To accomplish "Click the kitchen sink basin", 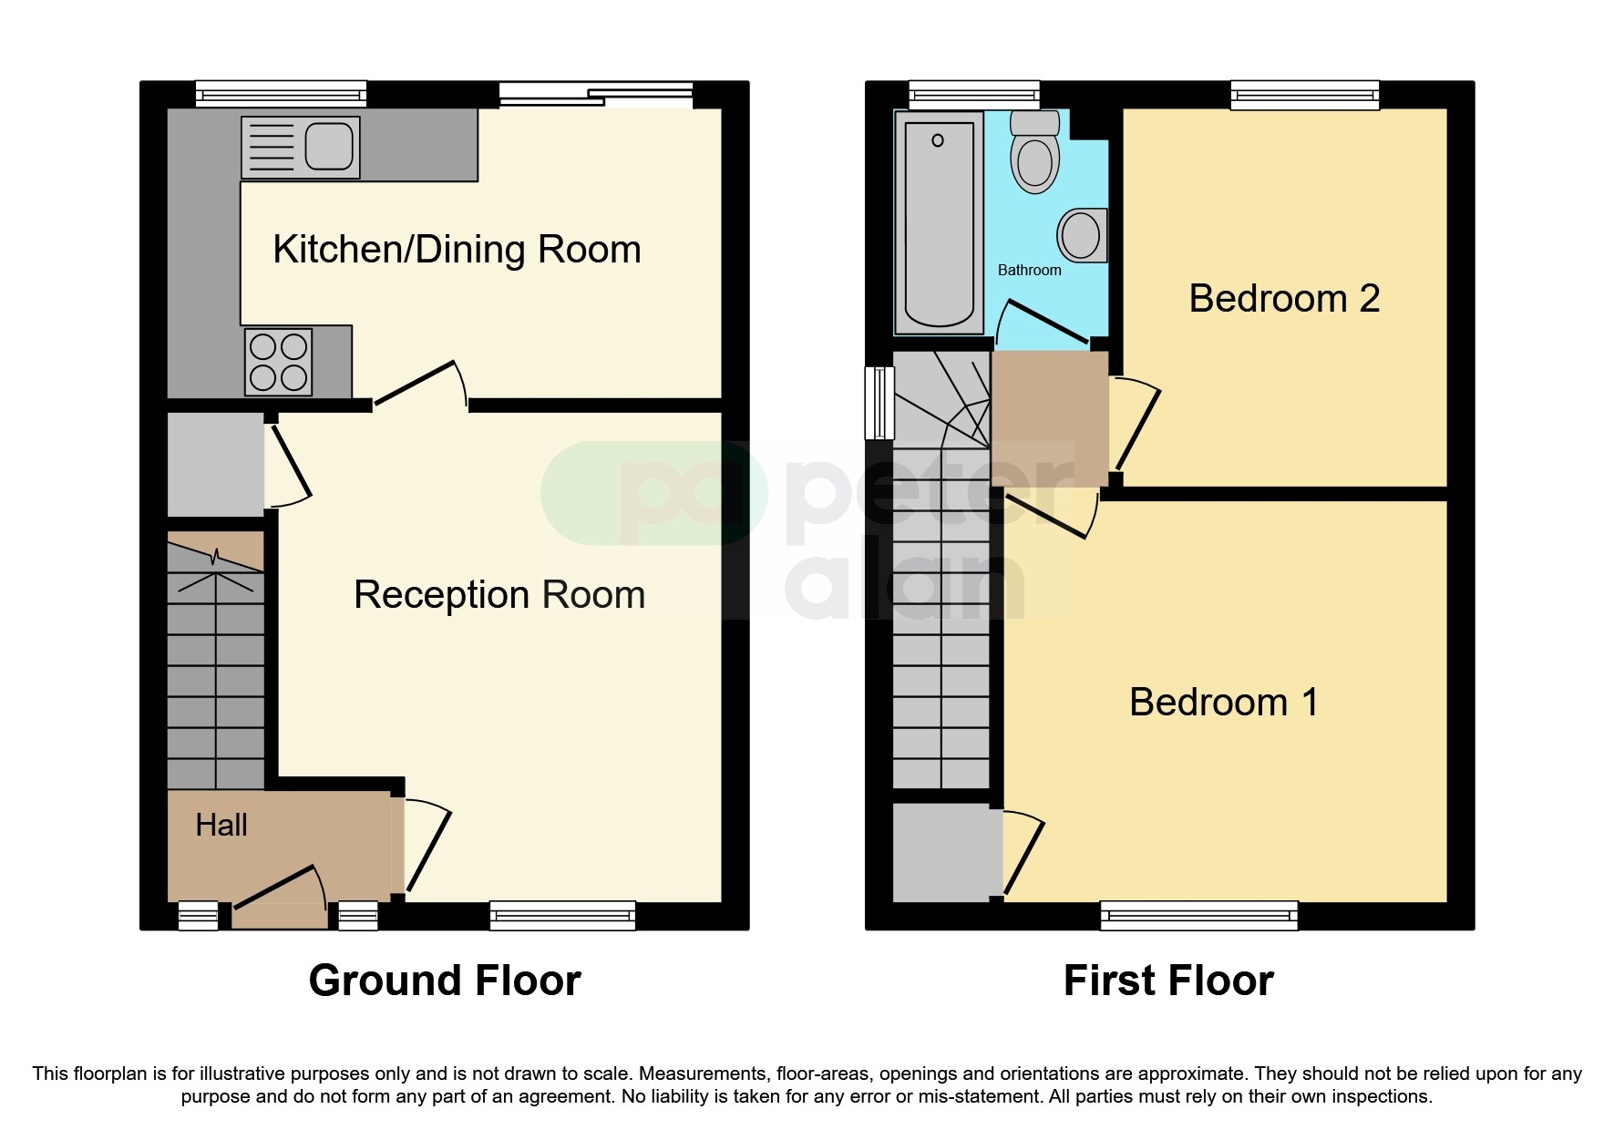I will click(x=329, y=147).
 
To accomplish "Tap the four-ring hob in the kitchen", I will click(x=278, y=362).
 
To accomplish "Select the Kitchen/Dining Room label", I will click(x=457, y=250).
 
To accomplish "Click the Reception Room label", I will click(x=499, y=595).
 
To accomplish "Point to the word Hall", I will click(x=221, y=826).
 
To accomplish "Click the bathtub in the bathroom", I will click(x=939, y=224).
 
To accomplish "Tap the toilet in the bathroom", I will click(x=1035, y=155).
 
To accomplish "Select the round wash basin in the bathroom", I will click(x=1082, y=236).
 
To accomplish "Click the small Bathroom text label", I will click(x=1029, y=271).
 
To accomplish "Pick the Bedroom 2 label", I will click(x=1284, y=299).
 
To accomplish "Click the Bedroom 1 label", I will click(x=1223, y=703).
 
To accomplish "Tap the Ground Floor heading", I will click(x=445, y=981).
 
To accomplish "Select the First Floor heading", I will click(x=1168, y=981).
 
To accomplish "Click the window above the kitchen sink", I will click(x=281, y=94).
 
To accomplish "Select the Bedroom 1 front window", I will click(x=1198, y=915).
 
